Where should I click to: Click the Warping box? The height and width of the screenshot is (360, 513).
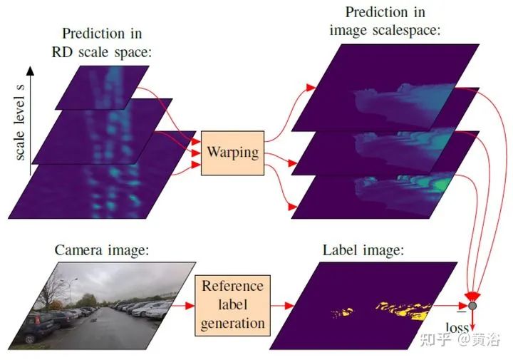point(232,153)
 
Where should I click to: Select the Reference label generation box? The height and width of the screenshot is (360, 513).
point(232,305)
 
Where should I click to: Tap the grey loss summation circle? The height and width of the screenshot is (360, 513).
point(472,306)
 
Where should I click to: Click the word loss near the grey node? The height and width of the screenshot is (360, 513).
point(457,327)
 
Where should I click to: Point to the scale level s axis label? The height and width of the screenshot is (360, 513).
point(20,122)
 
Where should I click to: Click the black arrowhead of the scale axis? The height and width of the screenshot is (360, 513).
point(30,71)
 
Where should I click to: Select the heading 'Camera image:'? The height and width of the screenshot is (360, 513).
point(102,250)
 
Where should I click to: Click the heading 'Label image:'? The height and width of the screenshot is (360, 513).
point(363,250)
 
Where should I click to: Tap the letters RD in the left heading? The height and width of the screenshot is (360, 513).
point(62,52)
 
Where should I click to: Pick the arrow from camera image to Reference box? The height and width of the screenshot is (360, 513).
point(182,306)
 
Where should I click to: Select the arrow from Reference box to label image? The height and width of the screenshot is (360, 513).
point(282,306)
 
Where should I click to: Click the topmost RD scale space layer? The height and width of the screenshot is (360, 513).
point(102,88)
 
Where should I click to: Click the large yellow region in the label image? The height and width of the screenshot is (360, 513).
point(405,311)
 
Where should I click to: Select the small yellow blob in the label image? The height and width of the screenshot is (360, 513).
point(342,313)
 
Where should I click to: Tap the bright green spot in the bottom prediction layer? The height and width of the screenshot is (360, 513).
point(443,184)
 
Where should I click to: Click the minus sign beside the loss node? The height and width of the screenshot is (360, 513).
point(462,312)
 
